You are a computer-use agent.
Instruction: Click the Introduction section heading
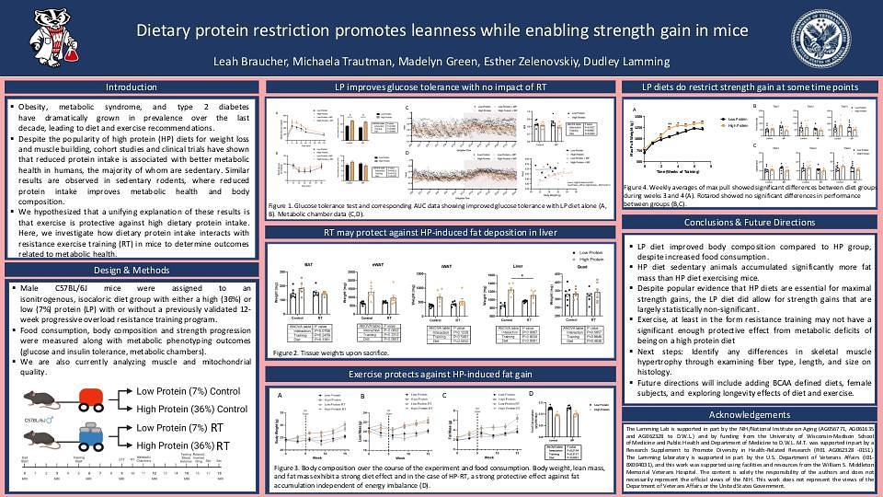tap(132, 87)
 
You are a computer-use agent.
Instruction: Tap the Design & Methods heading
tap(132, 270)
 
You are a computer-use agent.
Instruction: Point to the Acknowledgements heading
tap(750, 415)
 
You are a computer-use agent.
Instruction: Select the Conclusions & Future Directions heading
tap(750, 223)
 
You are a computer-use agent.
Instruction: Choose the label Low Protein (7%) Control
tap(188, 391)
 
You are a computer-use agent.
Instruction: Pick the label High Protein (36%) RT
tap(183, 445)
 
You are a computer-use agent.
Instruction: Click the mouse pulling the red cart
tap(39, 399)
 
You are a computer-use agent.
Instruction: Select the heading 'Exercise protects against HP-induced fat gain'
tap(441, 375)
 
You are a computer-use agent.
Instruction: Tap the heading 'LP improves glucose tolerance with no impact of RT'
tap(441, 87)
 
